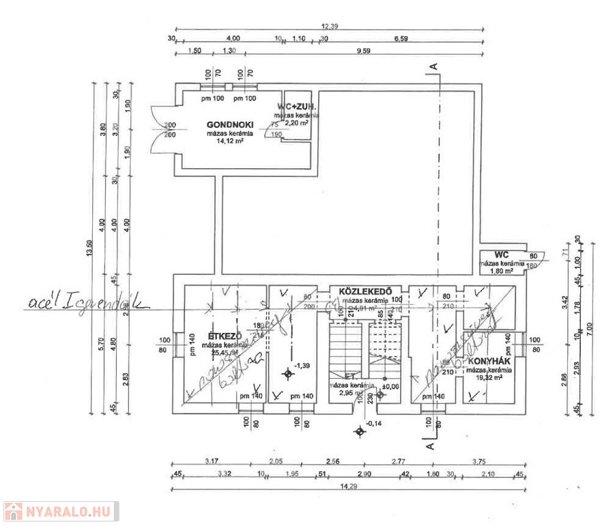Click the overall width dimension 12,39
pyautogui.click(x=330, y=26)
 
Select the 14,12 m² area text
pyautogui.click(x=229, y=142)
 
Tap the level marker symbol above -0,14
pyautogui.click(x=360, y=431)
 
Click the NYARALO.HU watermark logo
pyautogui.click(x=60, y=511)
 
